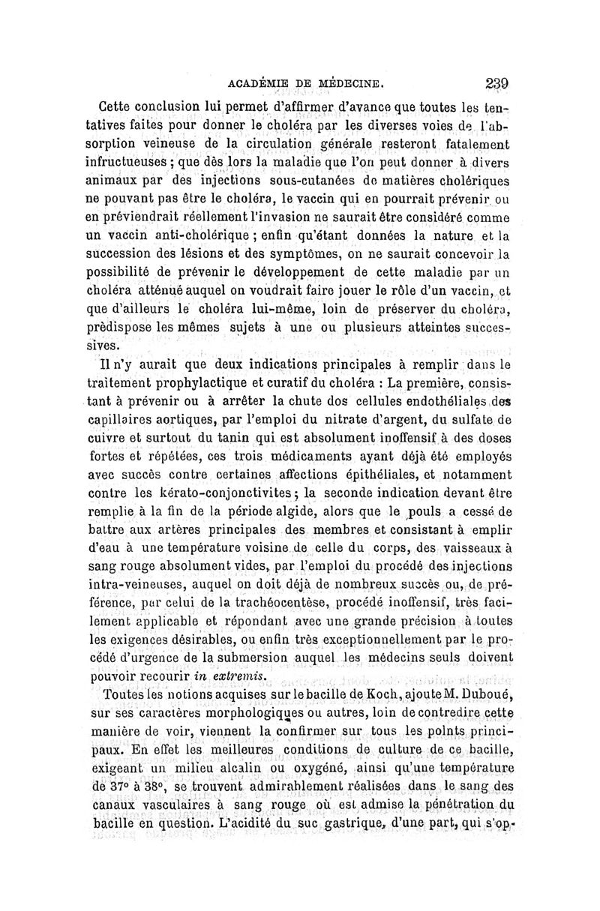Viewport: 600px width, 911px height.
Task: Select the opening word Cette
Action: pos(121,104)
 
